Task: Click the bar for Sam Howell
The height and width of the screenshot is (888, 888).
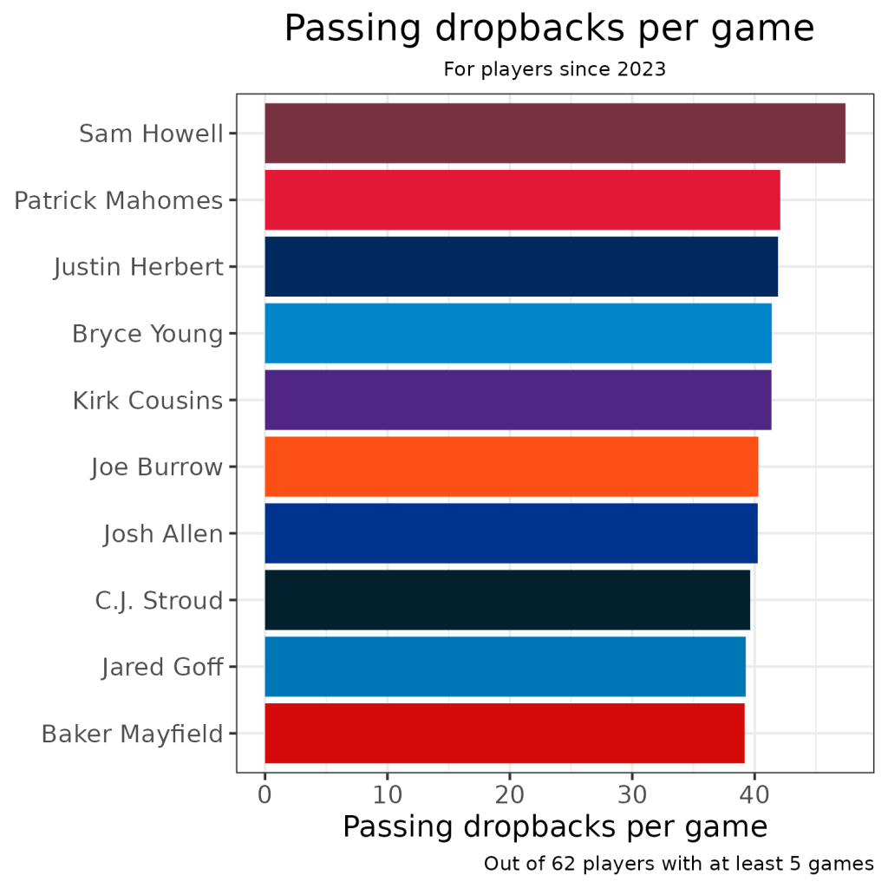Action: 555,133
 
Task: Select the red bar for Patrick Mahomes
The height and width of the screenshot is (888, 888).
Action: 522,199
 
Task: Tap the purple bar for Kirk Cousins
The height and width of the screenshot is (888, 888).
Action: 518,400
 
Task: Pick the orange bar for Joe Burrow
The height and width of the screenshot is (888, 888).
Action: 512,467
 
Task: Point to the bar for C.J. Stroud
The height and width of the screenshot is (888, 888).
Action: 507,600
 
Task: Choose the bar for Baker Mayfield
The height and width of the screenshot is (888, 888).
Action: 505,733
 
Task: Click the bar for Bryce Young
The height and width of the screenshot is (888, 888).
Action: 518,333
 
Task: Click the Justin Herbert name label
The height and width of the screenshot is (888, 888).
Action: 139,266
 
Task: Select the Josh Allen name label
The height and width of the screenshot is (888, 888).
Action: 163,533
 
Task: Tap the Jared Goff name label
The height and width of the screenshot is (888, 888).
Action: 162,667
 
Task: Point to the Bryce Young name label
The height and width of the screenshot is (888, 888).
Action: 147,333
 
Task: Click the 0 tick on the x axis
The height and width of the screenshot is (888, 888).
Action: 264,793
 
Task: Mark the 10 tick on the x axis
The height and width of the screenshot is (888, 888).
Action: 387,793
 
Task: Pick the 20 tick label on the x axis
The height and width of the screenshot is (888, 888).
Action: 510,793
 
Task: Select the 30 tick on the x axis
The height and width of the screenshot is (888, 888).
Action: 632,793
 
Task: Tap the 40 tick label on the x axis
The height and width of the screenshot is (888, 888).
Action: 754,793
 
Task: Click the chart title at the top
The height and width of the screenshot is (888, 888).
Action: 549,29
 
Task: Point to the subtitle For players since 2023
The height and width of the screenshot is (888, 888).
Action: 554,69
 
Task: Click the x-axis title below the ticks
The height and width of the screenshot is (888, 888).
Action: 554,827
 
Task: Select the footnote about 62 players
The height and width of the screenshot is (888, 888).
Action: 678,864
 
